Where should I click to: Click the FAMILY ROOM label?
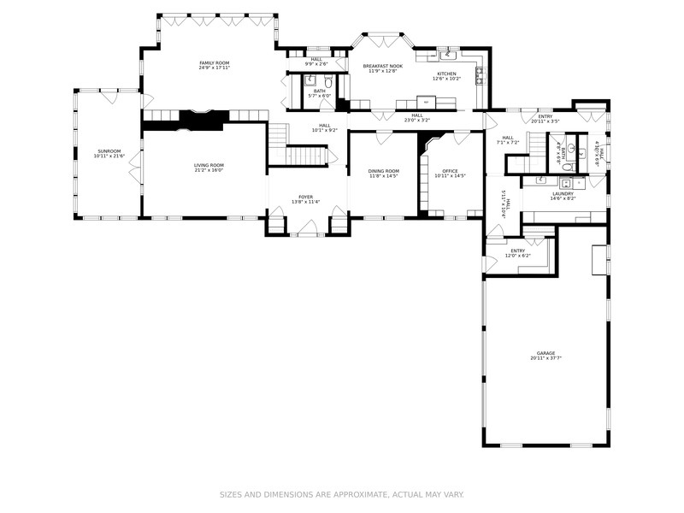[x=215, y=63]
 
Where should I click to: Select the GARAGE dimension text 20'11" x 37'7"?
[x=545, y=358]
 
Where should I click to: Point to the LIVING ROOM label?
[x=209, y=165]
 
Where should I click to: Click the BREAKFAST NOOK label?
[x=381, y=66]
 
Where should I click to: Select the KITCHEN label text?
[x=447, y=74]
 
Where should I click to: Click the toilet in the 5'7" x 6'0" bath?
[x=327, y=83]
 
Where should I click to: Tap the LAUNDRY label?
[x=563, y=193]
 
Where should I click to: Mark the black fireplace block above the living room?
[x=201, y=121]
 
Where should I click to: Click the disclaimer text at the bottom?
[x=342, y=494]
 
